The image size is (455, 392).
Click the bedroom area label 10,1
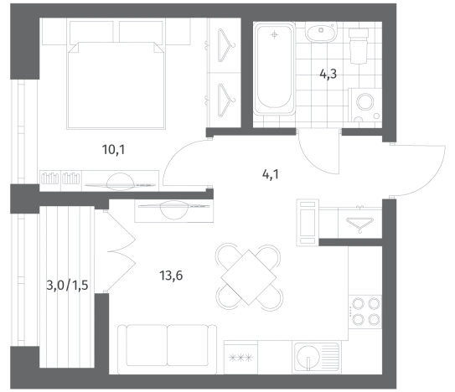[113, 150]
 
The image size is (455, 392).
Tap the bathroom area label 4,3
[328, 74]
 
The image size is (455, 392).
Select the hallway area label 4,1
[270, 174]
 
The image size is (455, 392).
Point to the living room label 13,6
[171, 276]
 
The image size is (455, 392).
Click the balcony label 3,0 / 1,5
[67, 286]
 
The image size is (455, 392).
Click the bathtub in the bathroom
[274, 69]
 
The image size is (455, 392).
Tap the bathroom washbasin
[321, 32]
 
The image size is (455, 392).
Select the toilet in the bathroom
[359, 45]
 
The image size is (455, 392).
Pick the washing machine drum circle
[365, 102]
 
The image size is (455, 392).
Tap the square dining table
[248, 277]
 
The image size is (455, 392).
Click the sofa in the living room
[167, 349]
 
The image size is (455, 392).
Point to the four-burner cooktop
[365, 312]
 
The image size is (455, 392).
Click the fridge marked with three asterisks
[240, 358]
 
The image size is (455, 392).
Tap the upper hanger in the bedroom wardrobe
[226, 45]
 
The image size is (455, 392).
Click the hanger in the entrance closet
[359, 224]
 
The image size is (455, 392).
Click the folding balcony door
[120, 251]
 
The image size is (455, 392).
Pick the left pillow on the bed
[91, 32]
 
